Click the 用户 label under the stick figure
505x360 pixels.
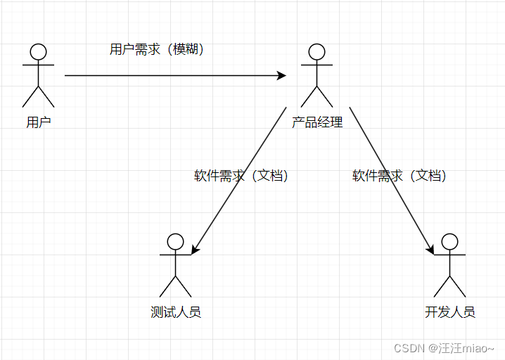point(39,122)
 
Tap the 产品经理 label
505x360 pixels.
point(317,122)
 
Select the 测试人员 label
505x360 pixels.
point(176,311)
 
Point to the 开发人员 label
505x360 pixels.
point(450,311)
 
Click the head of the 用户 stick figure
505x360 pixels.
point(38,51)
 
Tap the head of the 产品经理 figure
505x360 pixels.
point(317,51)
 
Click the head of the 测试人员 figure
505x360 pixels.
point(176,241)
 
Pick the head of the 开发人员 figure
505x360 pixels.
point(449,241)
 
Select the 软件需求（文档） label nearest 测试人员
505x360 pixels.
point(241,176)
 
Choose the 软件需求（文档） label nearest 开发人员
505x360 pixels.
point(399,176)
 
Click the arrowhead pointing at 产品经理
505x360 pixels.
point(282,75)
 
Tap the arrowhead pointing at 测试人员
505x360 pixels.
point(194,248)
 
